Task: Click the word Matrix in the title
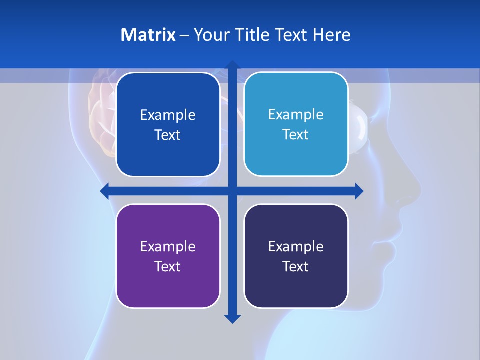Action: tap(148, 35)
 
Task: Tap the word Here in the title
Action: tap(331, 35)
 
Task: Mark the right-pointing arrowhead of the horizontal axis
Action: tap(359, 191)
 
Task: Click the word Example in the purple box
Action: tap(168, 246)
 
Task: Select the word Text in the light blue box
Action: tap(296, 135)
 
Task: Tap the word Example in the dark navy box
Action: tap(296, 246)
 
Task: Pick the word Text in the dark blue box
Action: tap(168, 135)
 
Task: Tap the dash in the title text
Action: tap(184, 35)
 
